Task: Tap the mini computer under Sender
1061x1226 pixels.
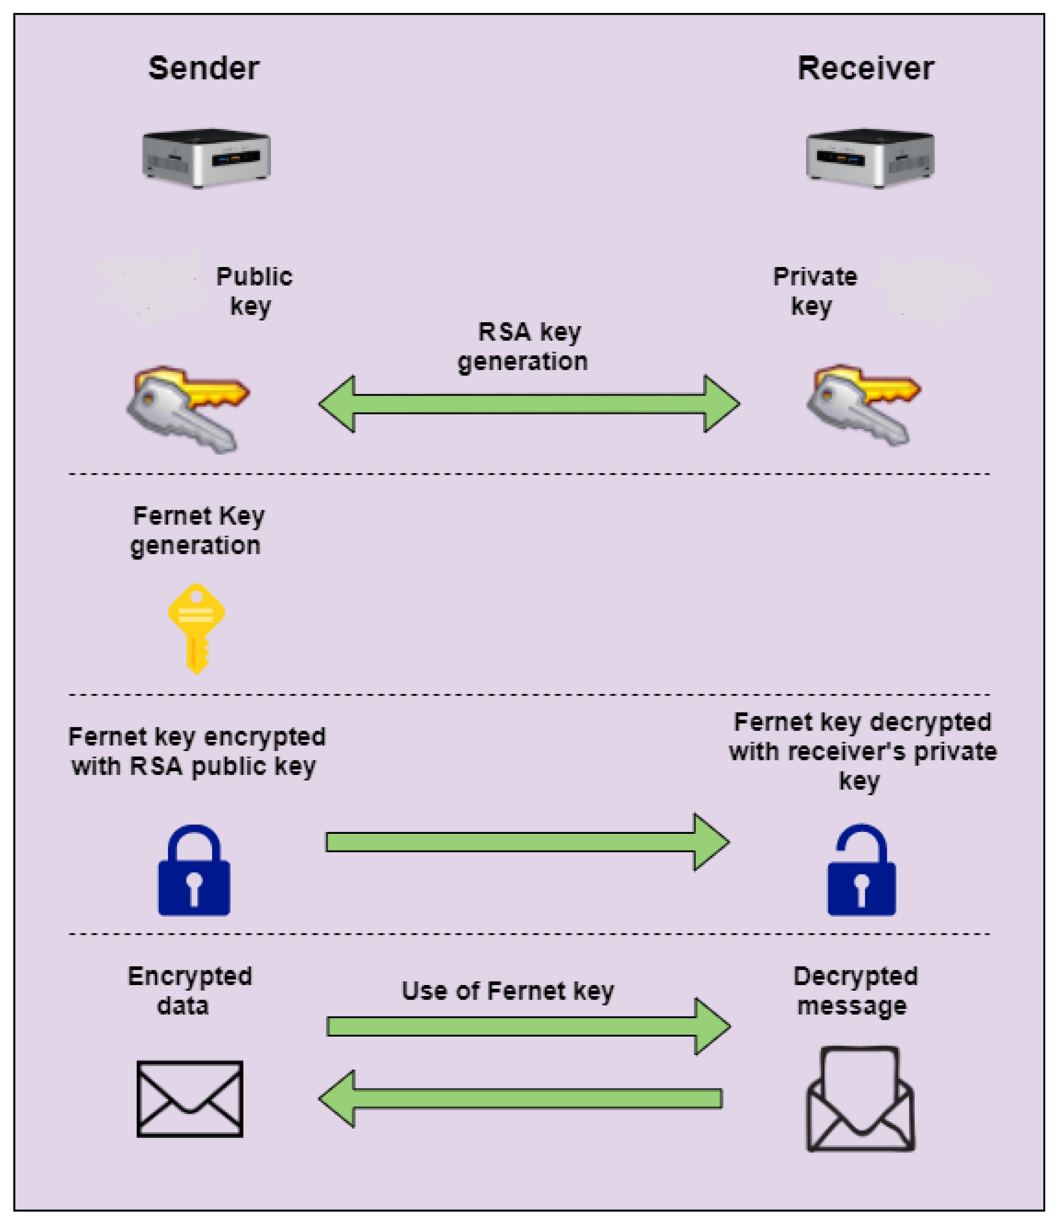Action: (206, 158)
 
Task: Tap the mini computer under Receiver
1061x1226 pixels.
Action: (870, 158)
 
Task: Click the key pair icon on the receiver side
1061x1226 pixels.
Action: (863, 405)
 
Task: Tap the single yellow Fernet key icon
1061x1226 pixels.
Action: (196, 629)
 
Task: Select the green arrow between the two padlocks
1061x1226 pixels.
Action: (527, 842)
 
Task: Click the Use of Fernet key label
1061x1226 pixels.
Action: (508, 991)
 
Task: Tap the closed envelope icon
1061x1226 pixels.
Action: (190, 1099)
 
